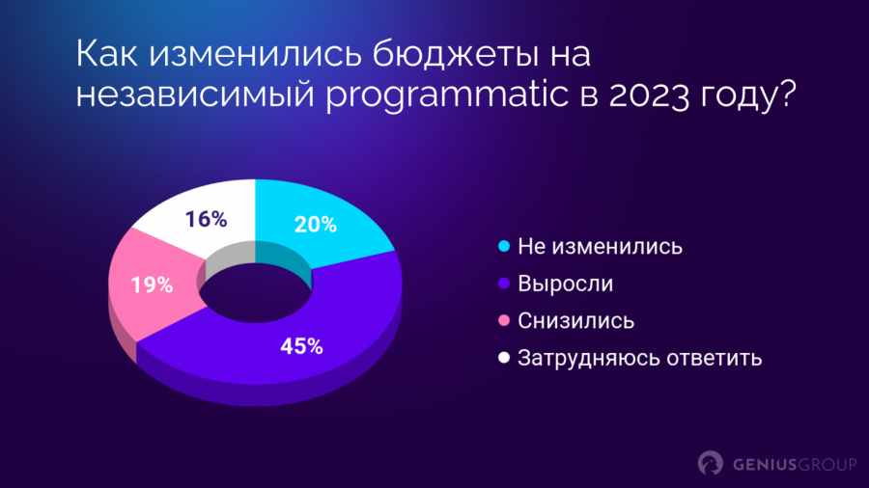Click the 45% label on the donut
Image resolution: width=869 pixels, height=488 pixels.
click(x=301, y=346)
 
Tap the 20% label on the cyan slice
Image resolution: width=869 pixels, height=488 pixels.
click(x=316, y=225)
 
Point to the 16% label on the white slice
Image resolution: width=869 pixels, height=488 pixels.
click(x=206, y=220)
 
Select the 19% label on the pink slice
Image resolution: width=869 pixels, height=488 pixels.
click(x=152, y=285)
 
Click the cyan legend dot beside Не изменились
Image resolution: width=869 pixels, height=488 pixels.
click(x=504, y=246)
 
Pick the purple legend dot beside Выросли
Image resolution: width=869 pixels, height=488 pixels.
click(x=504, y=284)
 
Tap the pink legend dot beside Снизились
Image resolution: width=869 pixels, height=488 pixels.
click(x=504, y=320)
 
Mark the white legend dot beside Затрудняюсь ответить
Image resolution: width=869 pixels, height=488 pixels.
click(x=504, y=358)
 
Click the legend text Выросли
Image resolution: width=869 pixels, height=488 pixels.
click(x=565, y=284)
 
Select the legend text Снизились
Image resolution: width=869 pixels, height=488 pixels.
click(x=575, y=321)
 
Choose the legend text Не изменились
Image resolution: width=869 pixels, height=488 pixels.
click(x=601, y=247)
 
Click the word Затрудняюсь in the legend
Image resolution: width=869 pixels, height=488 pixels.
click(x=589, y=359)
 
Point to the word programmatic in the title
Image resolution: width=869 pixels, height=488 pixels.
click(x=447, y=95)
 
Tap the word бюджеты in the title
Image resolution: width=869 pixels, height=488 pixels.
click(x=455, y=54)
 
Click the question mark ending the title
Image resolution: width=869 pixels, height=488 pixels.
click(x=785, y=93)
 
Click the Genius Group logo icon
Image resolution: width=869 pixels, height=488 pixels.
click(x=710, y=463)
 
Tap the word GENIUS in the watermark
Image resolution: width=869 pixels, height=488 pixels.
click(x=764, y=465)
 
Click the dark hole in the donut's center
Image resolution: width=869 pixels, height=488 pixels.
click(x=256, y=293)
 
